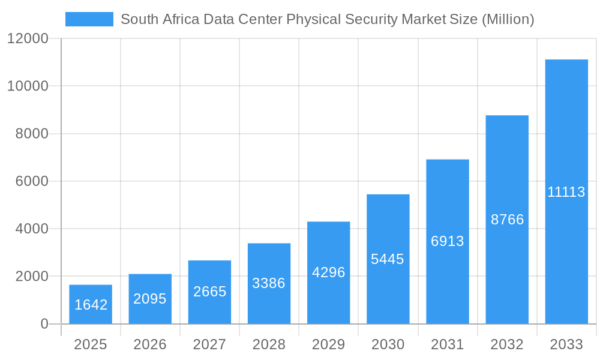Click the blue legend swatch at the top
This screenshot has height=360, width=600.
(89, 19)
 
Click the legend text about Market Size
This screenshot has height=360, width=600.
(327, 19)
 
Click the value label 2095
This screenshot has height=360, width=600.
(150, 299)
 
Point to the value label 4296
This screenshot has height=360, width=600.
(329, 272)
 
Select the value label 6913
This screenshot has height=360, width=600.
(448, 241)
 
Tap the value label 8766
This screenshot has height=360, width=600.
(507, 220)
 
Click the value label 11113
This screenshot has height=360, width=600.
(566, 192)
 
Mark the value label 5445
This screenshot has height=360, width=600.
(388, 259)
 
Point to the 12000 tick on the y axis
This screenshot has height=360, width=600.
(28, 38)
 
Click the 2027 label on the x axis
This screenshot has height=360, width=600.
(209, 344)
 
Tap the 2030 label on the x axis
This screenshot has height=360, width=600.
(388, 344)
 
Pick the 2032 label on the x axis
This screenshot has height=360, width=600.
(507, 344)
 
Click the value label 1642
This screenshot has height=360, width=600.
(91, 305)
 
